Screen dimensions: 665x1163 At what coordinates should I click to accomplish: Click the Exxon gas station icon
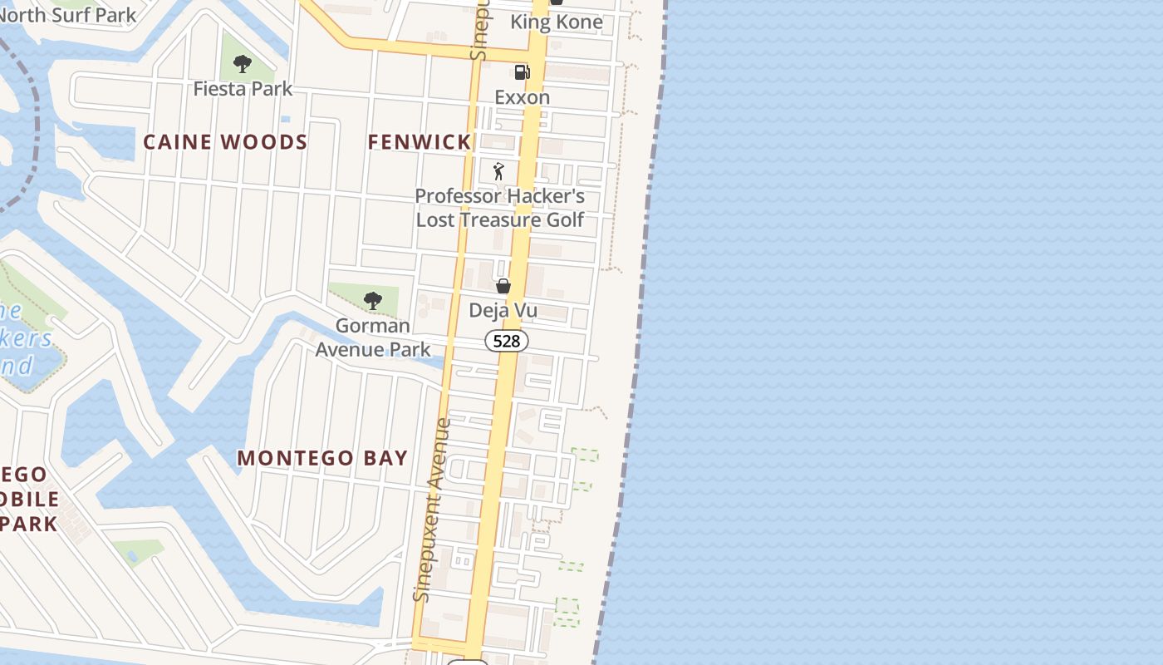(522, 72)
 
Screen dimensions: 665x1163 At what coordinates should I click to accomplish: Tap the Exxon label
(522, 97)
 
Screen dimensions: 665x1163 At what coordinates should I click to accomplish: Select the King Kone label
(556, 22)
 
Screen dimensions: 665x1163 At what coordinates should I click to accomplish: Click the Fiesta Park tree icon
(242, 63)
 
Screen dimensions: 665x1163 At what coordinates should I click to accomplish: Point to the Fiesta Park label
(243, 88)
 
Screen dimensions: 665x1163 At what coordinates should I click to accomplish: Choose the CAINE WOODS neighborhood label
(225, 142)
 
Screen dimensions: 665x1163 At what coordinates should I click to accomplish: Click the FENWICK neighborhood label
(420, 142)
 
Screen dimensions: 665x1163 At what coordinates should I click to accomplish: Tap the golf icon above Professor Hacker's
(498, 171)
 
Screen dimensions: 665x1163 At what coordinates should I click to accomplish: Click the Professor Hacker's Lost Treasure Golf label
(500, 208)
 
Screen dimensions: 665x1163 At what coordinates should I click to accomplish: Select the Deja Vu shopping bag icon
(503, 287)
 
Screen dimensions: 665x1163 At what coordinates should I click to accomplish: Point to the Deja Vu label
(503, 311)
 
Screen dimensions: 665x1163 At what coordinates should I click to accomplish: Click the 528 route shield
(507, 341)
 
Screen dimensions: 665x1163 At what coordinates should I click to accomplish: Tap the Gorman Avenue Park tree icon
(373, 300)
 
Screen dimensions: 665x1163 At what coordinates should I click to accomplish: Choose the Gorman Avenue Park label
(373, 337)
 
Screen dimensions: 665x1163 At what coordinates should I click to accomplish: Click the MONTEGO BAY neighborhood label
(322, 458)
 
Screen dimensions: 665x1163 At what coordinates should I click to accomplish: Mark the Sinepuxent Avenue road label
(432, 509)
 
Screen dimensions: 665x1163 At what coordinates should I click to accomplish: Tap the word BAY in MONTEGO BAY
(385, 458)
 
